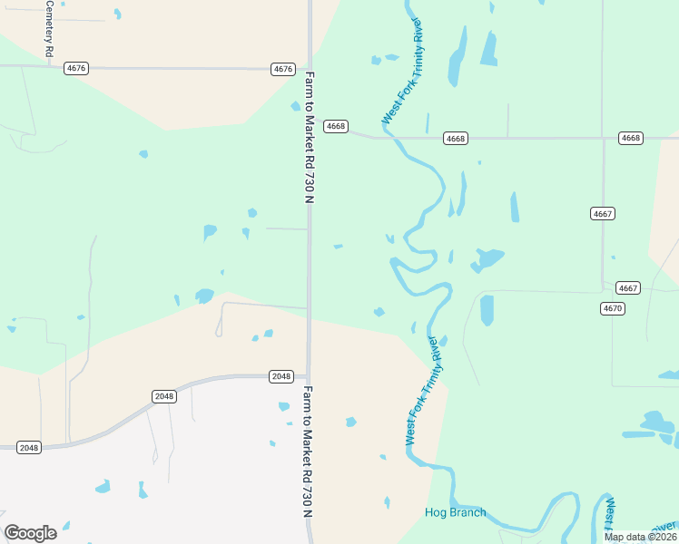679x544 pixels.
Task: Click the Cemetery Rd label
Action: point(50,27)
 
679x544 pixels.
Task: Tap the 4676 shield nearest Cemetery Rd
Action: point(76,68)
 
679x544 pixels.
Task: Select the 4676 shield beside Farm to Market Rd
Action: point(283,69)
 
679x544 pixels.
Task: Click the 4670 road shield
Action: point(613,308)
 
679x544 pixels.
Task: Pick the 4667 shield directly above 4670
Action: point(628,287)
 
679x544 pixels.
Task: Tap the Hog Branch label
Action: point(455,512)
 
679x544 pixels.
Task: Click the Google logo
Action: point(30,533)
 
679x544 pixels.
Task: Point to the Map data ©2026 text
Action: point(640,537)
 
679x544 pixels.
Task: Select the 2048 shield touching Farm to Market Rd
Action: point(281,376)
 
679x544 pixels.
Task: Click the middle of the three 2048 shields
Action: point(163,396)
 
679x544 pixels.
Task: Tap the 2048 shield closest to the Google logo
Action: point(29,448)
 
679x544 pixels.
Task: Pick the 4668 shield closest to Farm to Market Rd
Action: point(336,126)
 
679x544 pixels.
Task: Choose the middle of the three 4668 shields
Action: point(456,138)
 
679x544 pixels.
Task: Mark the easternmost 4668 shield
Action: point(630,138)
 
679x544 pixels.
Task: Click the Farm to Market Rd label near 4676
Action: point(310,136)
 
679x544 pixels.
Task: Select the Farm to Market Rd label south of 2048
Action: point(308,451)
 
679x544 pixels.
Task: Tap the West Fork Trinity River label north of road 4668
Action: point(404,71)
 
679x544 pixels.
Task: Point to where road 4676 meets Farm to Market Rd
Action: point(309,69)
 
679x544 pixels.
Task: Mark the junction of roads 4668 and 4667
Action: point(603,138)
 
